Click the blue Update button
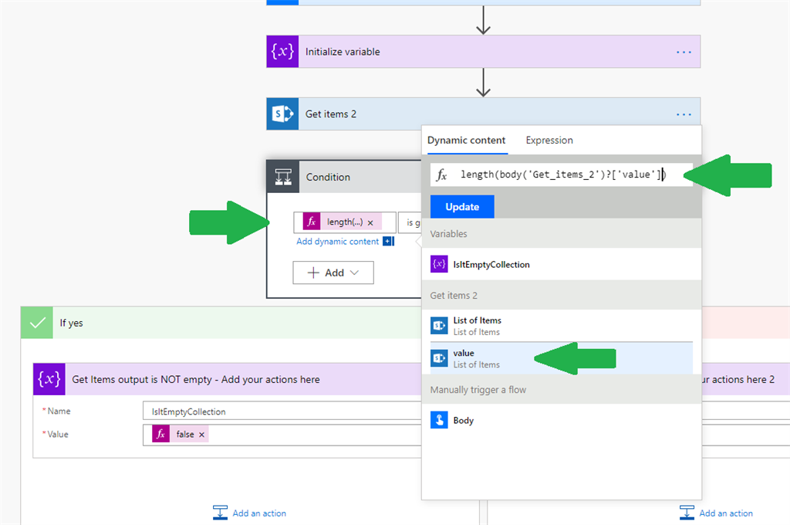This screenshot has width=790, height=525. pyautogui.click(x=462, y=207)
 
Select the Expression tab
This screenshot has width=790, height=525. pyautogui.click(x=549, y=140)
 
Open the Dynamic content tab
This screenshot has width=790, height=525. pyautogui.click(x=466, y=140)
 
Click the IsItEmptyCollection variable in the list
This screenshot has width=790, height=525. pyautogui.click(x=491, y=264)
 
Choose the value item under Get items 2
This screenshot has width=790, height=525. pyautogui.click(x=464, y=358)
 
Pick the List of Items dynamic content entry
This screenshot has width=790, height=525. pyautogui.click(x=477, y=325)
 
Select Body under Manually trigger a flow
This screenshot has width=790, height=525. pyautogui.click(x=463, y=421)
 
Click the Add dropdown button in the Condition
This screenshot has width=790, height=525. pyautogui.click(x=333, y=273)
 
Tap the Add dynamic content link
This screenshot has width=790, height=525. pyautogui.click(x=338, y=242)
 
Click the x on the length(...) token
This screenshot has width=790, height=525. pyautogui.click(x=370, y=222)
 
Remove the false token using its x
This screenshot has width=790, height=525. pyautogui.click(x=202, y=435)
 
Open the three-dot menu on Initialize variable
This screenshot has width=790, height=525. pyautogui.click(x=684, y=52)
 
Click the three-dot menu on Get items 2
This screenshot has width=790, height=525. pyautogui.click(x=684, y=114)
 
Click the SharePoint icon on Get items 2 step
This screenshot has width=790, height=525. pyautogui.click(x=282, y=114)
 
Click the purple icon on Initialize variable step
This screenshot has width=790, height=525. pyautogui.click(x=282, y=52)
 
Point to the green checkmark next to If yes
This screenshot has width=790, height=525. pyautogui.click(x=37, y=323)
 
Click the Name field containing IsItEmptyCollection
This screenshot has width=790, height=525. pyautogui.click(x=278, y=412)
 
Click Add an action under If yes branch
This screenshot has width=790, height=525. pyautogui.click(x=250, y=513)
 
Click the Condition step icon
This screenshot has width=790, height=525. pyautogui.click(x=282, y=177)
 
